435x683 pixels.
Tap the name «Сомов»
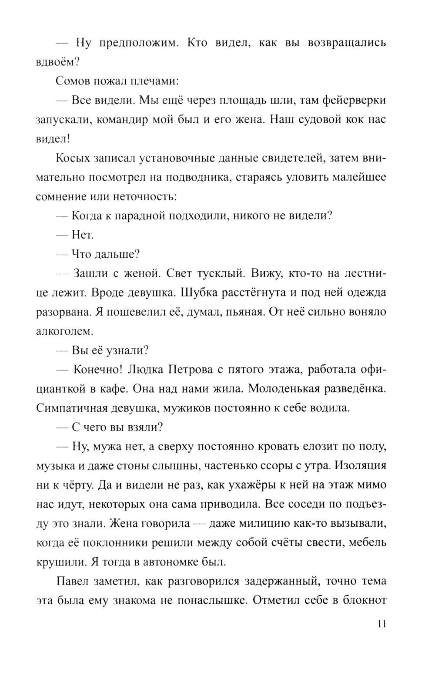(71, 81)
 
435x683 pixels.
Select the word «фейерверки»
(354, 100)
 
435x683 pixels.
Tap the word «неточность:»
(145, 196)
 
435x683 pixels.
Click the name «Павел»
(72, 581)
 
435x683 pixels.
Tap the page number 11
(381, 623)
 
